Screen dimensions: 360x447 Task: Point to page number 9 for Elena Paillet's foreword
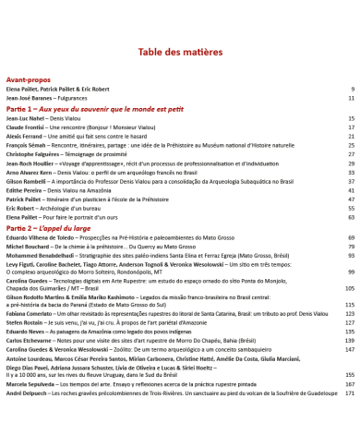(x=353, y=89)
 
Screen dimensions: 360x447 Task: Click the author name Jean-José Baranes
(x=29, y=97)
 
